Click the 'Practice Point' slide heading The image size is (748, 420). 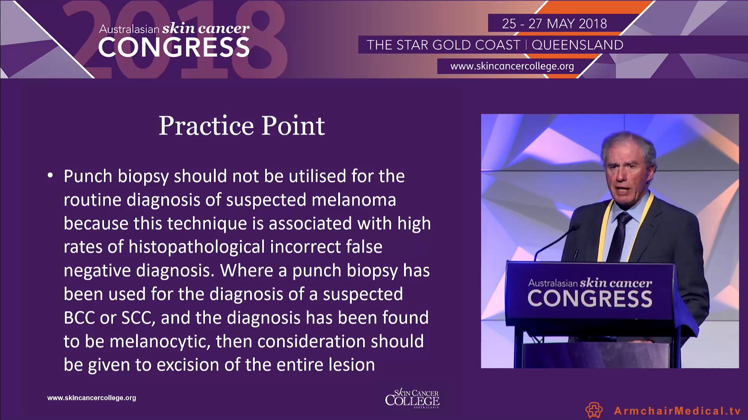click(242, 126)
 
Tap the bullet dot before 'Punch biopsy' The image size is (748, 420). click(50, 176)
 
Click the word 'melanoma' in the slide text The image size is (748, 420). click(354, 200)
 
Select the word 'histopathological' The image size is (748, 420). click(197, 247)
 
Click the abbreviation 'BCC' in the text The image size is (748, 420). click(79, 318)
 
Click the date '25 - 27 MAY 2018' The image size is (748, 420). click(554, 24)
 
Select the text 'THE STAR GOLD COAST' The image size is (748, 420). click(443, 45)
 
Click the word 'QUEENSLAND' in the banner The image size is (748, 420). click(577, 45)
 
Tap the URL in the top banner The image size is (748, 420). click(512, 66)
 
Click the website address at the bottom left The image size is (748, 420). click(92, 398)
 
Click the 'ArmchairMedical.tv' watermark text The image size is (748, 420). click(677, 411)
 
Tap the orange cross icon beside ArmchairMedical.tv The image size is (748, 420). click(594, 410)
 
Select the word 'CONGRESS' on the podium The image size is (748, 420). click(590, 299)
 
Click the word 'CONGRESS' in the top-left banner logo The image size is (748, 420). click(174, 47)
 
